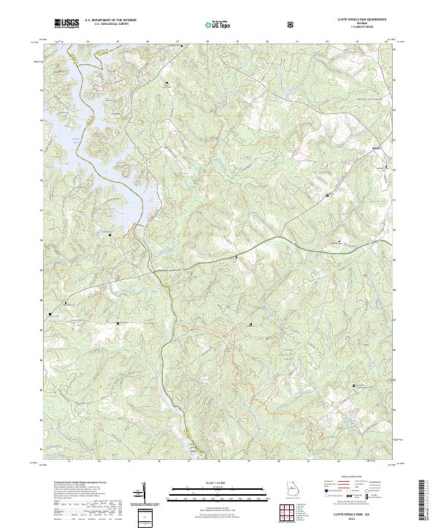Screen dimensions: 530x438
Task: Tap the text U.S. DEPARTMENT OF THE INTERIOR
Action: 110,22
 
